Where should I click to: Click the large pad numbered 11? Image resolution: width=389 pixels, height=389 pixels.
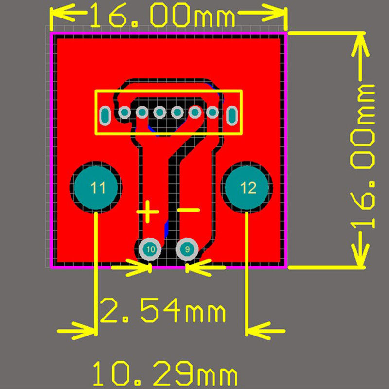coord(96,187)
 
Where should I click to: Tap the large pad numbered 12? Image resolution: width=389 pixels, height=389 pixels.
coord(247,187)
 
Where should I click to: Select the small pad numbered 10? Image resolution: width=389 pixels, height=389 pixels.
coord(150,249)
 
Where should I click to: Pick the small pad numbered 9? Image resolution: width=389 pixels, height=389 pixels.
coord(187,249)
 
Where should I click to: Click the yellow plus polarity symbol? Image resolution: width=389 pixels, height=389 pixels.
coord(147,212)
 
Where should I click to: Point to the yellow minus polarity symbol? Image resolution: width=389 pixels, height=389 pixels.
coord(189,210)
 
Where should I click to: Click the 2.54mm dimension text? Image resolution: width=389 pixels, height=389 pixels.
coord(162,310)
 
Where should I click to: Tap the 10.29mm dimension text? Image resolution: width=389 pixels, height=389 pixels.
coord(165,375)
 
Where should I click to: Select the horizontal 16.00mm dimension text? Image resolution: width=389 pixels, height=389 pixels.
coord(162,16)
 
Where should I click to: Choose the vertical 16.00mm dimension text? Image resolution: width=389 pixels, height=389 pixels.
coord(363,156)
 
